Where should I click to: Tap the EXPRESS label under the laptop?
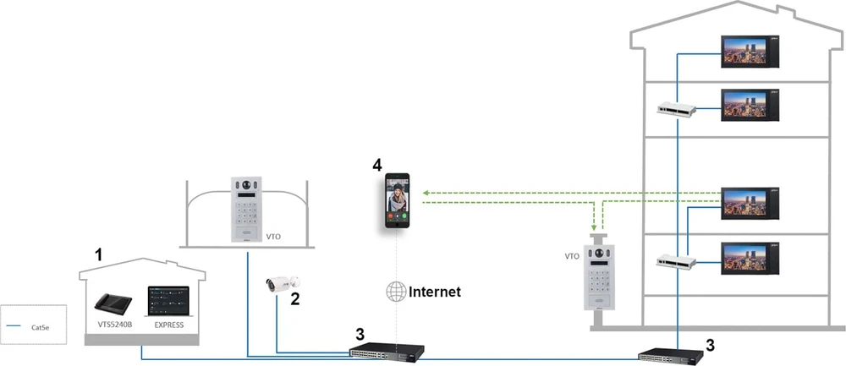[x=169, y=325]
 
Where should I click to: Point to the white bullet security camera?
[x=283, y=283]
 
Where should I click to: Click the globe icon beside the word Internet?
[x=395, y=292]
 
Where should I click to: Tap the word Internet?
[x=435, y=292]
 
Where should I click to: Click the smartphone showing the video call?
[x=397, y=200]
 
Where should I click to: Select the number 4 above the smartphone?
[x=377, y=164]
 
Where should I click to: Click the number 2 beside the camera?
[x=295, y=298]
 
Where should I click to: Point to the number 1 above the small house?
[x=97, y=254]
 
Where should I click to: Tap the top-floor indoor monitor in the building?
[x=750, y=52]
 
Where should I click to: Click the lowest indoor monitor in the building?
[x=750, y=259]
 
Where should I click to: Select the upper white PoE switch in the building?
[x=677, y=109]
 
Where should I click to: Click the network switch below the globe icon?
[x=387, y=351]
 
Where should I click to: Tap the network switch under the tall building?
[x=671, y=357]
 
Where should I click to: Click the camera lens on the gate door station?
[x=246, y=185]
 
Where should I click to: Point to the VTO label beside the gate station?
[x=273, y=237]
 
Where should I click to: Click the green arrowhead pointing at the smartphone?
[x=426, y=193]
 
